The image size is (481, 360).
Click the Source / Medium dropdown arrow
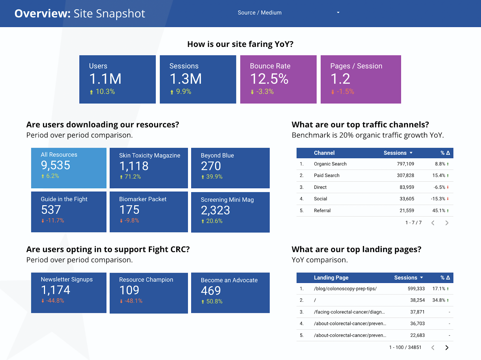(338, 13)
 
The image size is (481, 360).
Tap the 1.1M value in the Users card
(105, 79)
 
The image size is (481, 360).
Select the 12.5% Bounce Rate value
(269, 79)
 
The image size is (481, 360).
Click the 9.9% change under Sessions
(183, 92)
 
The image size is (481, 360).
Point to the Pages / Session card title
(356, 66)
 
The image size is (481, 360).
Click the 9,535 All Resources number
(56, 165)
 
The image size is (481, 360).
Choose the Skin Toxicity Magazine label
(150, 155)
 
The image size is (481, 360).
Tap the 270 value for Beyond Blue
(211, 166)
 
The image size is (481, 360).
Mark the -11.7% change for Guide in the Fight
(55, 220)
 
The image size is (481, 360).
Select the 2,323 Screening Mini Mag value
(216, 210)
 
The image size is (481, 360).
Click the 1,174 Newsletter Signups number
(56, 290)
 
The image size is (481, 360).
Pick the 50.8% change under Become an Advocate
(214, 301)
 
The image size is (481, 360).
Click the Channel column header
(324, 153)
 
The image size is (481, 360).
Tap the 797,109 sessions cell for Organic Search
(405, 164)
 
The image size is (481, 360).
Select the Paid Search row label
(326, 175)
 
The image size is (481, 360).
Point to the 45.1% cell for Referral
(439, 211)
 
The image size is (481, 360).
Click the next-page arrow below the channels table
(447, 223)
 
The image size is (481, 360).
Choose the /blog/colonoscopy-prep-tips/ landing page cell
(345, 289)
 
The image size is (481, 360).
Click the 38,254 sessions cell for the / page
(417, 300)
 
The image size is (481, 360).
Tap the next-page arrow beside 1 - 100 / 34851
(447, 348)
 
